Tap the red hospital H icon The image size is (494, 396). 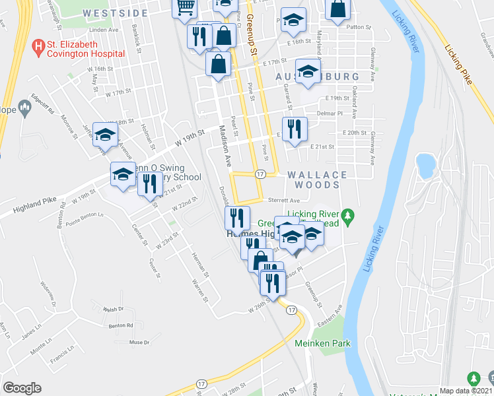point(38,46)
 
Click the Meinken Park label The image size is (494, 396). point(322,343)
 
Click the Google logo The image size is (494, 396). point(22,388)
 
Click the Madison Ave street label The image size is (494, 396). point(225,146)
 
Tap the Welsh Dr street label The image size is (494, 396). point(113,309)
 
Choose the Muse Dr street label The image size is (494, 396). point(139,342)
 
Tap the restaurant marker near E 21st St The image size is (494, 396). point(294,128)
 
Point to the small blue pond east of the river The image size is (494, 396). point(424,164)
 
